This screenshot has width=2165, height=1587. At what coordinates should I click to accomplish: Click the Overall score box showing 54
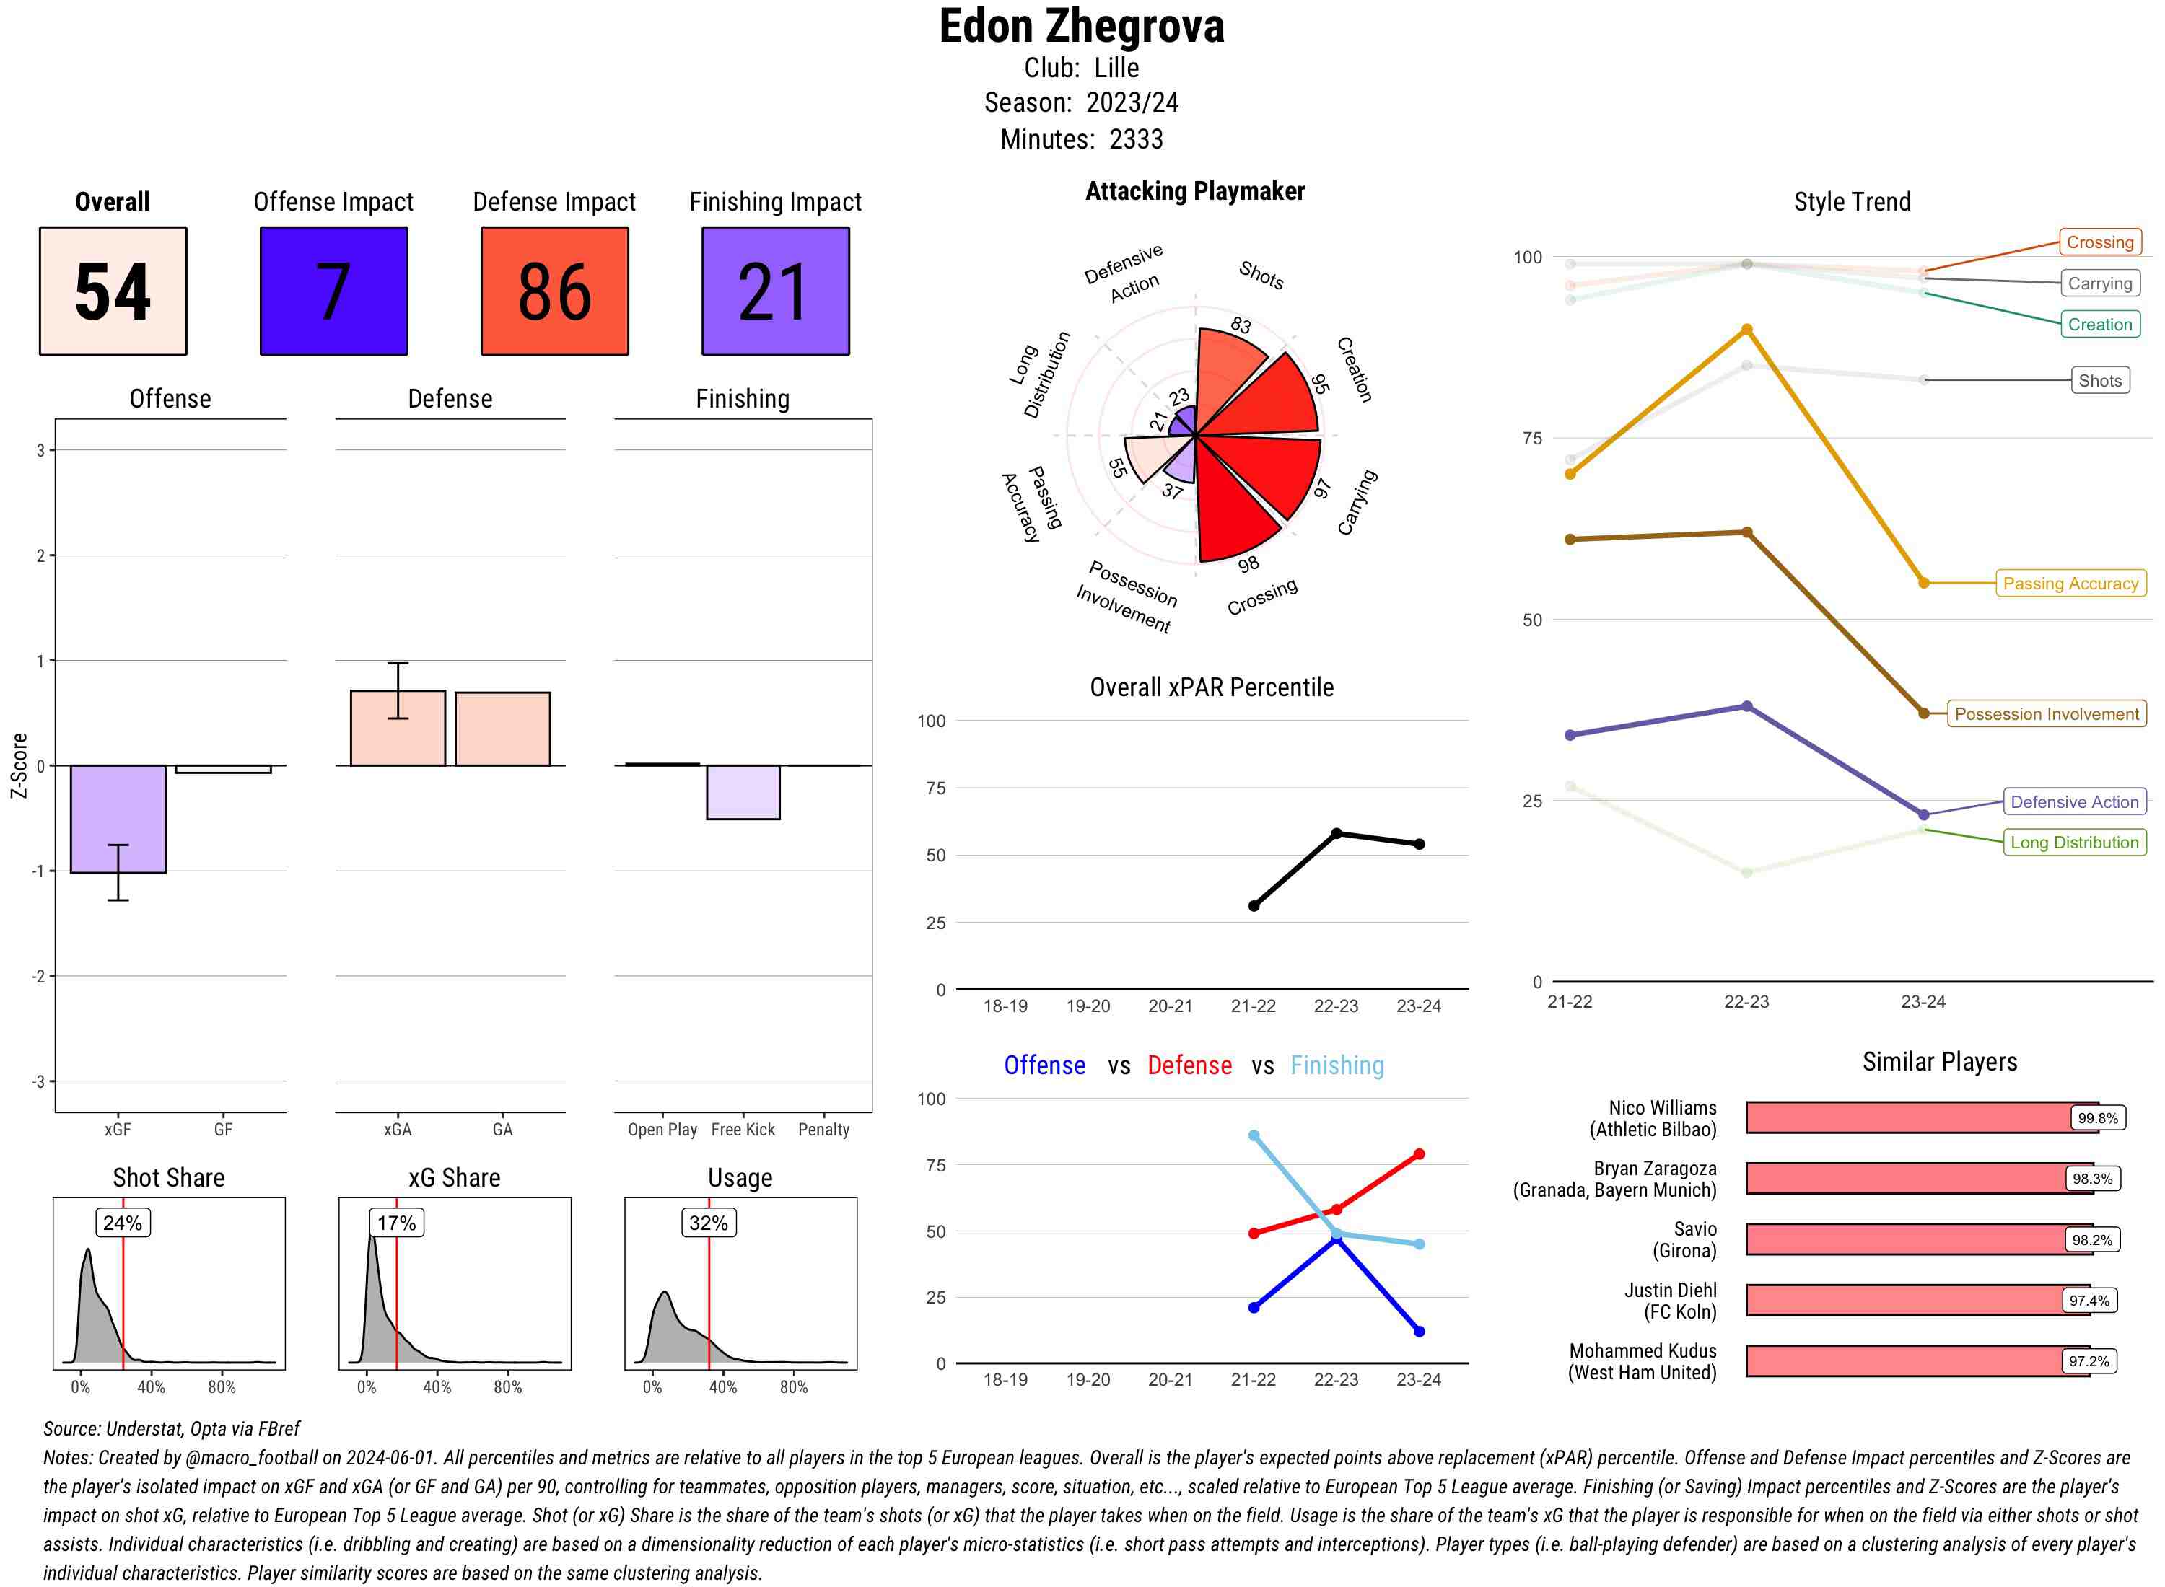coord(113,291)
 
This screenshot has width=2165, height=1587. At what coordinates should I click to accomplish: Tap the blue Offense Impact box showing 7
coord(333,291)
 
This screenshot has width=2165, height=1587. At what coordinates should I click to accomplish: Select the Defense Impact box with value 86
coord(554,291)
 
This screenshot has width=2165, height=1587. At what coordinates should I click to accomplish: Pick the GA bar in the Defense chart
coord(502,728)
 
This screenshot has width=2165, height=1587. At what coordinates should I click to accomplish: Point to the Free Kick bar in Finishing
coord(743,791)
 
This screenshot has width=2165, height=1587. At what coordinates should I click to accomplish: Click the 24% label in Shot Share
coord(123,1223)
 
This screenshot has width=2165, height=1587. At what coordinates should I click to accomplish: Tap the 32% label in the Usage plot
coord(708,1223)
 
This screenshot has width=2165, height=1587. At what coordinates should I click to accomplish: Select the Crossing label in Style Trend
coord(2099,242)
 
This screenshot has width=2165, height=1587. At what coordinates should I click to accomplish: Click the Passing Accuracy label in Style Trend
coord(2070,583)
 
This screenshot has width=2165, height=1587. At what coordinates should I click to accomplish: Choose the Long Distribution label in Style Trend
coord(2074,843)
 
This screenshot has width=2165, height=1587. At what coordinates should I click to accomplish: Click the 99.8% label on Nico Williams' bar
coord(2096,1118)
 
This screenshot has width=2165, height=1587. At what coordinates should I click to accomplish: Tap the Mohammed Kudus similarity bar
coord(1917,1361)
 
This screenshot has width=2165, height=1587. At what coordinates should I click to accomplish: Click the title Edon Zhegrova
coord(1082,27)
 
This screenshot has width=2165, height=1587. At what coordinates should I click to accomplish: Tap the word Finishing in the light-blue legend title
coord(1337,1065)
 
